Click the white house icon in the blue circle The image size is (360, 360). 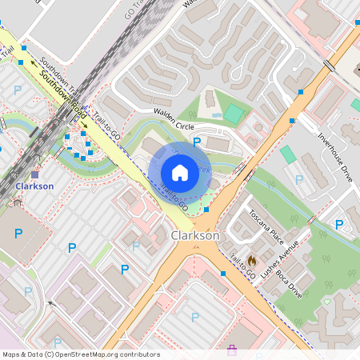click(180, 171)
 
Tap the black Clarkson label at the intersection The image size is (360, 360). click(195, 236)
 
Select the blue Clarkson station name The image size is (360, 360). click(34, 186)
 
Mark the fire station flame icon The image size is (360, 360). click(250, 261)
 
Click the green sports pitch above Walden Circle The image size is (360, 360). click(233, 114)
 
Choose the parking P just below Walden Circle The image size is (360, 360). click(197, 142)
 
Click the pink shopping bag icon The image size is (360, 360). click(233, 349)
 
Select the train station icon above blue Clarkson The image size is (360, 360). click(34, 173)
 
